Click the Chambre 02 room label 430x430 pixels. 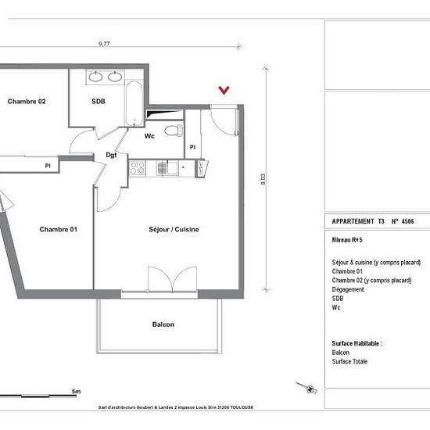tap(27, 102)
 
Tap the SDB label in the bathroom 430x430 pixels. tap(99, 102)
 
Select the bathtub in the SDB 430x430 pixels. tap(134, 103)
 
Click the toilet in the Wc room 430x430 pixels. tap(174, 131)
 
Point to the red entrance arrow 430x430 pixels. tap(224, 90)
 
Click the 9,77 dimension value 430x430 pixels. tap(104, 44)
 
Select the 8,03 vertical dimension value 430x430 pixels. tap(263, 179)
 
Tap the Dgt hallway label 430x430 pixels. tap(111, 156)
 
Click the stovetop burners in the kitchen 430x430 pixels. tap(137, 168)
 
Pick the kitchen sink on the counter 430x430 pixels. tap(167, 168)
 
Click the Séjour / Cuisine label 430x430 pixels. tap(174, 229)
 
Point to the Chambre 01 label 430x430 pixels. tap(59, 229)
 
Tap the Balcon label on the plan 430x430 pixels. tap(163, 324)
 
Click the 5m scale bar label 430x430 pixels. tap(77, 392)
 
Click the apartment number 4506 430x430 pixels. tap(408, 221)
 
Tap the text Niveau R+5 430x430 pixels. tap(347, 240)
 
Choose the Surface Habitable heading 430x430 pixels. tap(357, 343)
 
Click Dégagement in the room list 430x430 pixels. tap(348, 289)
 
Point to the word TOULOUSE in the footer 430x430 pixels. tap(242, 407)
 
